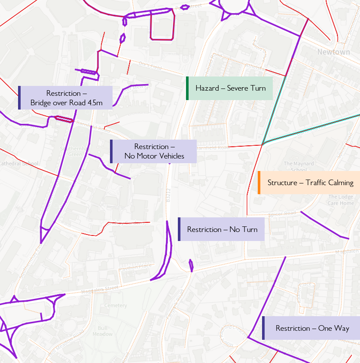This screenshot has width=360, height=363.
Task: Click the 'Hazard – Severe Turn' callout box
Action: (230, 88)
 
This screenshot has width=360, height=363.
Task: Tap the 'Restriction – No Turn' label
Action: (222, 229)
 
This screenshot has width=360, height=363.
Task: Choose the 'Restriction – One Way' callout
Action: (312, 328)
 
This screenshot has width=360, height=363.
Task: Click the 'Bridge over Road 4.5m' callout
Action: (66, 98)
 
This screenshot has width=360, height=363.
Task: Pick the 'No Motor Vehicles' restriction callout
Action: (154, 151)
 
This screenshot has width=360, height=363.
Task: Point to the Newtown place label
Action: (333, 52)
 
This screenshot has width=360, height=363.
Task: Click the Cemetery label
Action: (116, 305)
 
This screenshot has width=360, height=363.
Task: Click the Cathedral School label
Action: (19, 164)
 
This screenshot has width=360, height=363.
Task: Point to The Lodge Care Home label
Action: (341, 200)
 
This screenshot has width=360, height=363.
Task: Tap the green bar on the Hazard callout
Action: (187, 88)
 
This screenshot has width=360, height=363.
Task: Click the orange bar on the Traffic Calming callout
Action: (259, 183)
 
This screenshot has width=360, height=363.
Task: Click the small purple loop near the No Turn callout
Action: (191, 265)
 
